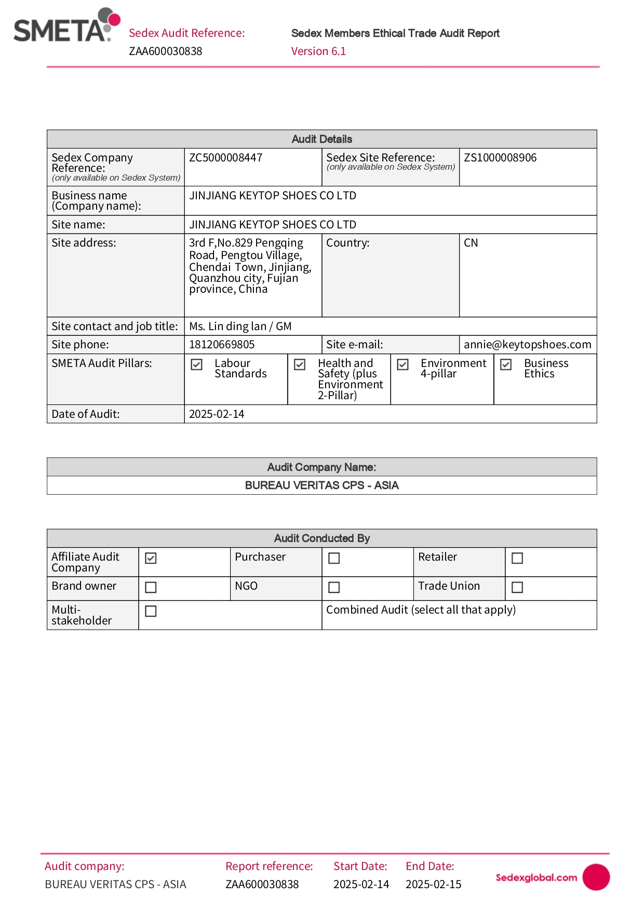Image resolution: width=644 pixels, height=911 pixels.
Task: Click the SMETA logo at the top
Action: click(66, 26)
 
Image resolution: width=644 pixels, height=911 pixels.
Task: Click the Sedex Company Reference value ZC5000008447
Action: click(226, 158)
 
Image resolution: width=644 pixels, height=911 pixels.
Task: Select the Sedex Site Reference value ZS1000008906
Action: click(500, 158)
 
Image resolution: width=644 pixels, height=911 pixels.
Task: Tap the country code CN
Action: click(471, 243)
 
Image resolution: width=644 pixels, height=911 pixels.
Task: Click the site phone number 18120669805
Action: click(222, 345)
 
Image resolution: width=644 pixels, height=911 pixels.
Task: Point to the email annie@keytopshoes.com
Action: click(527, 345)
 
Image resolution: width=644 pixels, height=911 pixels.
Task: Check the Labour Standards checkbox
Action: click(197, 365)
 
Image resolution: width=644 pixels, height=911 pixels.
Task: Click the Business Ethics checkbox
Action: click(506, 365)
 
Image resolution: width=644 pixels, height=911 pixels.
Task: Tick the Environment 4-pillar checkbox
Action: click(403, 365)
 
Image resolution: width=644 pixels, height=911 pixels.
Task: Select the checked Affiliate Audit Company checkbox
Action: click(151, 558)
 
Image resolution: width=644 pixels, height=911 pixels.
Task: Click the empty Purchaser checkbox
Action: click(334, 558)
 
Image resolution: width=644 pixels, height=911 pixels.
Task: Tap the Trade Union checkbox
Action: click(517, 587)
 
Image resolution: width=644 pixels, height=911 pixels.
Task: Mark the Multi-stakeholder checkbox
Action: click(151, 611)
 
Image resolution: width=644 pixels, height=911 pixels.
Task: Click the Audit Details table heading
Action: click(321, 139)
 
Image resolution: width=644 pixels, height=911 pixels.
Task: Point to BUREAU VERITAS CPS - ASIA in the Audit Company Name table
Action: click(321, 485)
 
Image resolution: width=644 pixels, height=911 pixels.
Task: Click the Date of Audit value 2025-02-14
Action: click(217, 414)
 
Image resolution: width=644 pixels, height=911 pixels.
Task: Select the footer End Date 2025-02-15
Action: click(433, 885)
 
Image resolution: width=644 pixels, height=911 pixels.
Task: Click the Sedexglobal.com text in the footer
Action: click(536, 878)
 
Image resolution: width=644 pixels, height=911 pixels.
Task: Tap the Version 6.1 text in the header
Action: click(318, 51)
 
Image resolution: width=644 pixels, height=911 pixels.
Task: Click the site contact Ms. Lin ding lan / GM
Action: click(240, 327)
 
